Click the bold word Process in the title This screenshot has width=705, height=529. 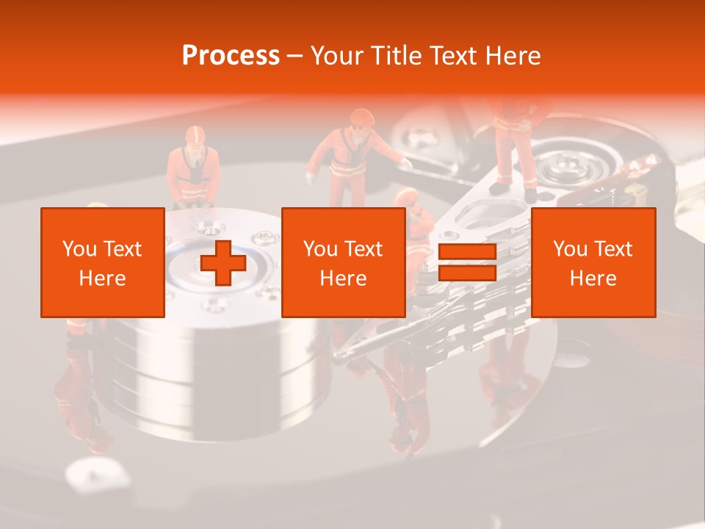231,55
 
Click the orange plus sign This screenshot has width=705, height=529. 223,262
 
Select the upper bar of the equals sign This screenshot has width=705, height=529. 467,252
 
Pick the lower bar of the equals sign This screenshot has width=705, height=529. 467,273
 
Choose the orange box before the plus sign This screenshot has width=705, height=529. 102,262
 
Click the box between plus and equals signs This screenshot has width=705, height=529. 343,262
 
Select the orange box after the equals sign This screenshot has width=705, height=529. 593,262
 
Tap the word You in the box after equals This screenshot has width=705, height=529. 569,249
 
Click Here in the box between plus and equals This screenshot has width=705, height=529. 343,278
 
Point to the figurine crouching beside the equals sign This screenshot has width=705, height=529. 416,220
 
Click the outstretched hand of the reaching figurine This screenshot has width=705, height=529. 405,164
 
